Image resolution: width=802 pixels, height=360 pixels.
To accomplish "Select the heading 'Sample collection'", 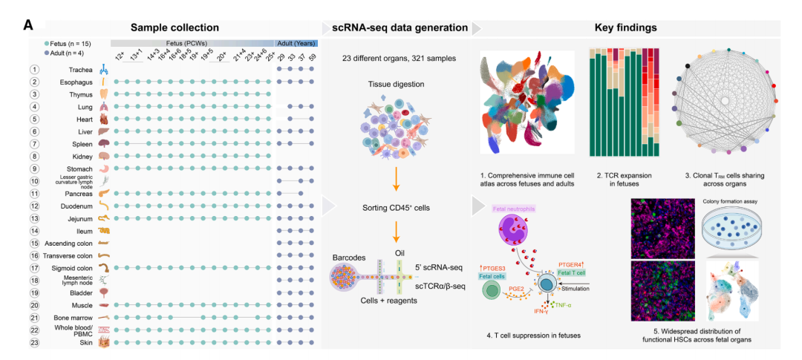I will [x=175, y=27].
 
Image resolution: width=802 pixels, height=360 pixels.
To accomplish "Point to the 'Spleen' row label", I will [x=82, y=143].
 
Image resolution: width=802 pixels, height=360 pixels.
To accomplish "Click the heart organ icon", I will [x=105, y=119].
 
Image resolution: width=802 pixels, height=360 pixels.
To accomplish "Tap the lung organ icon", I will [x=105, y=107].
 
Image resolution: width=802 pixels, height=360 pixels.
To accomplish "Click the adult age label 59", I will [x=313, y=58].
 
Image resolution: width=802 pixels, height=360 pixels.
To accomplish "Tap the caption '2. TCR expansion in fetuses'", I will [x=621, y=180].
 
